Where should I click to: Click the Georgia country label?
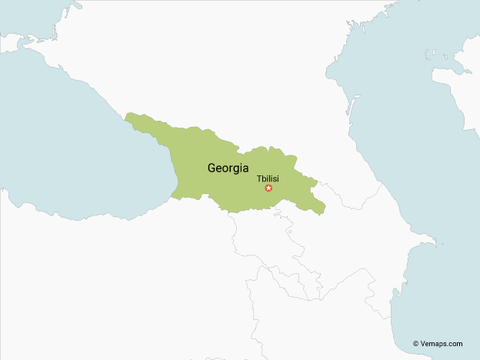coord(228,168)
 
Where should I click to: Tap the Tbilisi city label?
coord(268,178)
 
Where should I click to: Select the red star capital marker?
coord(268,188)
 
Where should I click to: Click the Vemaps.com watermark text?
coord(442,344)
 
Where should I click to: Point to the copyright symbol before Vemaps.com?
coord(416,344)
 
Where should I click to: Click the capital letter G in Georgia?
coord(212,168)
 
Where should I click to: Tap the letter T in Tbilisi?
coord(259,178)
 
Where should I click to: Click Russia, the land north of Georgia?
coord(231,69)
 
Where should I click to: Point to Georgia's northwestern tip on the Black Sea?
coord(129,116)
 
